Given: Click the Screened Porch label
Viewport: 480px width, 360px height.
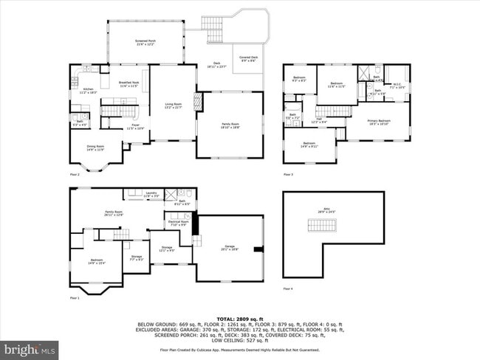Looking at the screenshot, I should coord(145,44).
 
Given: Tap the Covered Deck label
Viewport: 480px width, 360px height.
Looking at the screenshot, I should coord(248,58).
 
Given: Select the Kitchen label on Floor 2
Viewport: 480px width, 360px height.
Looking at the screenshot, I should coord(88,91).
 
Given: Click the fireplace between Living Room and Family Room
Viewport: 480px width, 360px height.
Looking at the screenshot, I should coord(197,102).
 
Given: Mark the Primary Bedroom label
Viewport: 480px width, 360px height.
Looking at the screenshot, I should coord(379,121).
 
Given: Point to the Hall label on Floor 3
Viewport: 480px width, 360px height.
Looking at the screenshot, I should coord(318,121).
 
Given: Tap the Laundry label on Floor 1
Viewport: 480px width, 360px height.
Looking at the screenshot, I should coord(151,193).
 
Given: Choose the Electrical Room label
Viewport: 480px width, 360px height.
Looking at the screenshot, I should coord(179,223).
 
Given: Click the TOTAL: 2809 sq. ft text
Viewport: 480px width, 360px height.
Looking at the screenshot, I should coord(240,313).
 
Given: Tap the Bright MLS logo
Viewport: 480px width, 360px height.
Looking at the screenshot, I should coord(30,347).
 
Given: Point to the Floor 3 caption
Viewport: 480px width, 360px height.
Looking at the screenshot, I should coord(289,175).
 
